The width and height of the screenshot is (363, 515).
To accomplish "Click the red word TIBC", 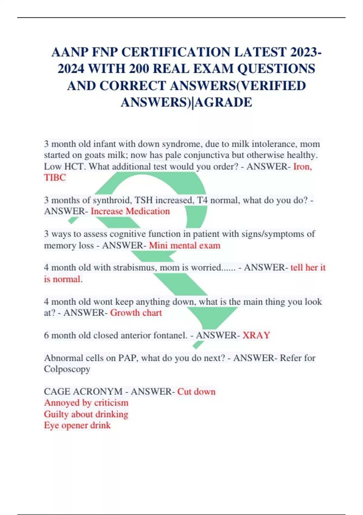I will click(x=55, y=178).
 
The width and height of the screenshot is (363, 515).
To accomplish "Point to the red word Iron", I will click(x=302, y=166).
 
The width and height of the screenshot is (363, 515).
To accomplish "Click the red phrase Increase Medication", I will click(x=130, y=211).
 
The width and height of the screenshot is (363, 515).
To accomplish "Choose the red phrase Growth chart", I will click(x=136, y=313).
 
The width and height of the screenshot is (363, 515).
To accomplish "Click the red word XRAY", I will click(x=256, y=335).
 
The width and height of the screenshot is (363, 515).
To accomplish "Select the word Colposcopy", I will click(x=67, y=369).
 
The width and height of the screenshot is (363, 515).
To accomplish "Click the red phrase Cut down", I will click(x=196, y=392).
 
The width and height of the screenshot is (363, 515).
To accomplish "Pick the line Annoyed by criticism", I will click(x=86, y=403).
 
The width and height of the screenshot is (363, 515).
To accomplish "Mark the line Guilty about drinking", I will click(x=86, y=414).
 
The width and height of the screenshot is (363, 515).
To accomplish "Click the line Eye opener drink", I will click(x=77, y=425).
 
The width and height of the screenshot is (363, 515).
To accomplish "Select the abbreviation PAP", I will click(x=128, y=358).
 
